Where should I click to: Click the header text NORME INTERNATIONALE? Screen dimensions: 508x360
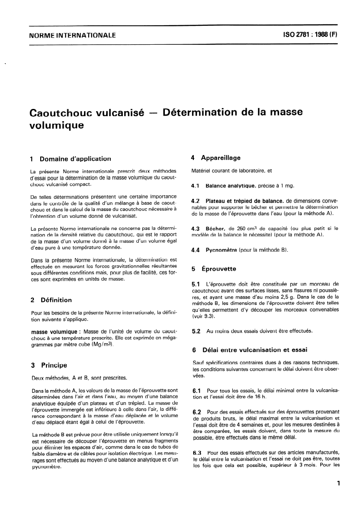pyautogui.click(x=72, y=35)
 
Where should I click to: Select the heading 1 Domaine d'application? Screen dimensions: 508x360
pyautogui.click(x=70, y=159)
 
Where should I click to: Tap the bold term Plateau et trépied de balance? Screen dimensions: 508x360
pyautogui.click(x=244, y=200)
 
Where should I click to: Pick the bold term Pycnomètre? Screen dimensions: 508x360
pyautogui.click(x=221, y=249)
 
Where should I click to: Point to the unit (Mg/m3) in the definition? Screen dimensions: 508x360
pyautogui.click(x=103, y=344)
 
